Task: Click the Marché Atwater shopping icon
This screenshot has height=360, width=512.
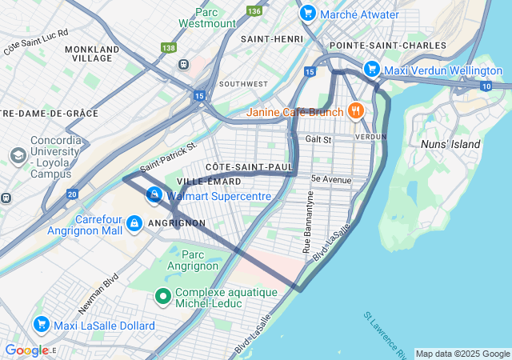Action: [307, 14]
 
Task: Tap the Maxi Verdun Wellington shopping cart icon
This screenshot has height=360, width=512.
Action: [371, 70]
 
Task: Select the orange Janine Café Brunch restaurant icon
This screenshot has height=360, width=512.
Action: [354, 111]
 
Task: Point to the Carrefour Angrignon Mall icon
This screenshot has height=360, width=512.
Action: [134, 222]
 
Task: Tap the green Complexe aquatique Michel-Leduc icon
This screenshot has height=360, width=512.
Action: [163, 297]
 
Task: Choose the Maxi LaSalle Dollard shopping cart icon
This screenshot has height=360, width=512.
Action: [41, 324]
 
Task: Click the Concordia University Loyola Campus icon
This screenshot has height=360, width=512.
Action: [18, 155]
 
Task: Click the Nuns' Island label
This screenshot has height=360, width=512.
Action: [450, 144]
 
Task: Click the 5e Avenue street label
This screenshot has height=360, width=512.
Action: [331, 179]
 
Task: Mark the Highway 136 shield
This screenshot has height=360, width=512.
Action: [254, 11]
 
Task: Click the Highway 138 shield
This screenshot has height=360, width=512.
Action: [169, 48]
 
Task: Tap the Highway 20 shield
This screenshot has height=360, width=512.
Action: [73, 194]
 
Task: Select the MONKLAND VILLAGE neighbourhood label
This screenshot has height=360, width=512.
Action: [93, 54]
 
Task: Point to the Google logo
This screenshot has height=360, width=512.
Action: [27, 350]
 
